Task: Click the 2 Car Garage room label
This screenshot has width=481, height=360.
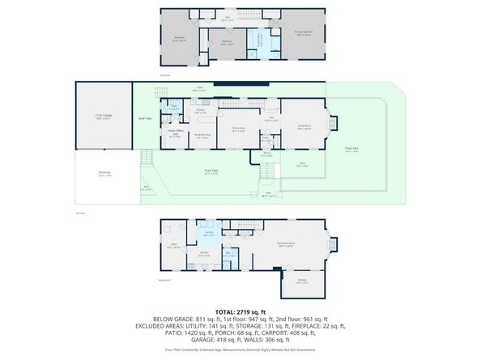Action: click(x=102, y=117)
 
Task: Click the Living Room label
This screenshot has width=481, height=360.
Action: click(x=304, y=127)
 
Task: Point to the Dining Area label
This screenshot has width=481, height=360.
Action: click(x=238, y=129)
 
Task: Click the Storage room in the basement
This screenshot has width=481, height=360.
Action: click(x=301, y=282)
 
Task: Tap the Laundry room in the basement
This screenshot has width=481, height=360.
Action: click(x=209, y=235)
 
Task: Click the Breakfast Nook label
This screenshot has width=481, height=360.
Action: click(x=203, y=137)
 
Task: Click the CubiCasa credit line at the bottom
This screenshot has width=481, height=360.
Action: click(x=240, y=350)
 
